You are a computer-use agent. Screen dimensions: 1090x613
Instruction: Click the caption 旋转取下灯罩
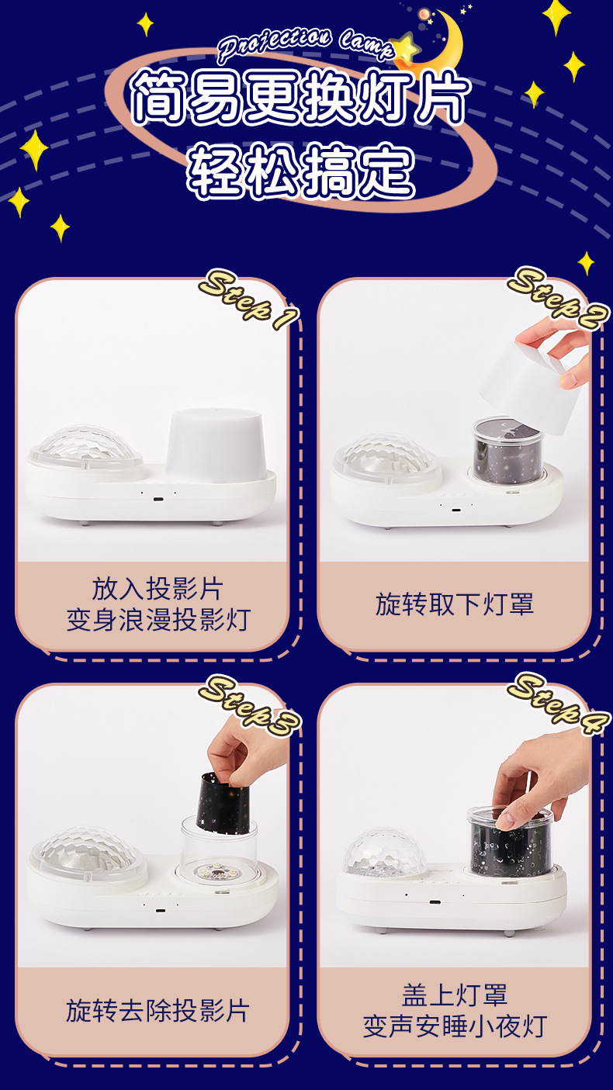pyautogui.click(x=455, y=604)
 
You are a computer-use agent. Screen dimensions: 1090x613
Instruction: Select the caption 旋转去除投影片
pyautogui.click(x=158, y=1010)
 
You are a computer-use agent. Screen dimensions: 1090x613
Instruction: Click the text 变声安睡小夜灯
pyautogui.click(x=455, y=1026)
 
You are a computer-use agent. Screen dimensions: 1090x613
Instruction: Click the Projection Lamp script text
pyautogui.click(x=306, y=43)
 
